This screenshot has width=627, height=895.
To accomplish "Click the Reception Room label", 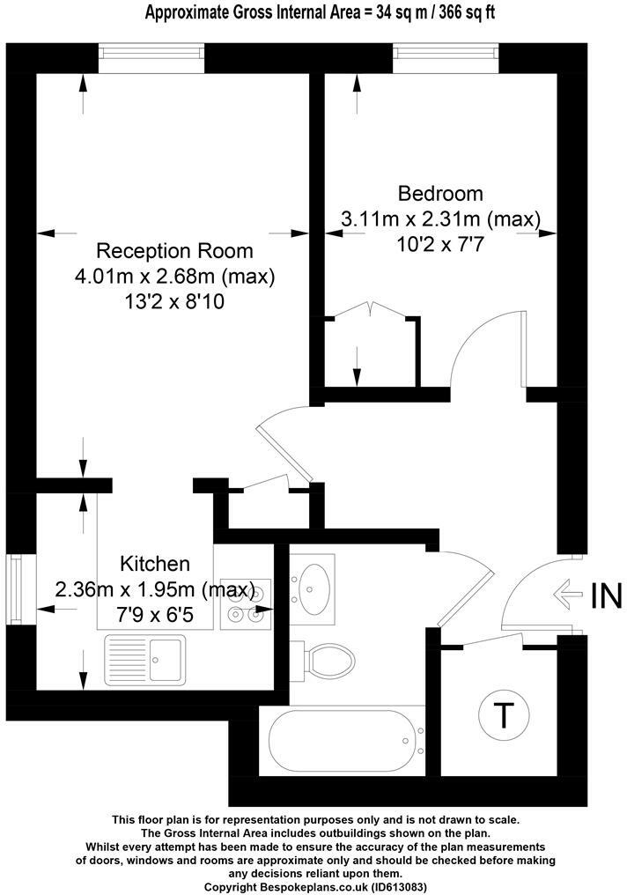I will click(174, 250).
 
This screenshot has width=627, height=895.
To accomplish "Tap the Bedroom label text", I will click(440, 193).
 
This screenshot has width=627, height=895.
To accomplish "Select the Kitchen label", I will click(155, 563).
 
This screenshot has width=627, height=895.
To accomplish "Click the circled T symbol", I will click(503, 716).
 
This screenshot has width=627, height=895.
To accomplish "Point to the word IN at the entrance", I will click(606, 596).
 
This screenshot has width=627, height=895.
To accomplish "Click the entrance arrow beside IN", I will click(567, 596).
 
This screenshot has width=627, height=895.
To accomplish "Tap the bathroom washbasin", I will click(313, 584).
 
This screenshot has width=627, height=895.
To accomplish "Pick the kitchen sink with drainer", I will click(145, 659).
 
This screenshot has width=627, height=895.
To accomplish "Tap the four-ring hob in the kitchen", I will click(243, 603).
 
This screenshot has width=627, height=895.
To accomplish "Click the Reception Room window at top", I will click(151, 59).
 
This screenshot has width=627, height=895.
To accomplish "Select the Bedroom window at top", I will click(446, 59).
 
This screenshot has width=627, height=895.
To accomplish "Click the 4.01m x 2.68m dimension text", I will click(175, 277).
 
